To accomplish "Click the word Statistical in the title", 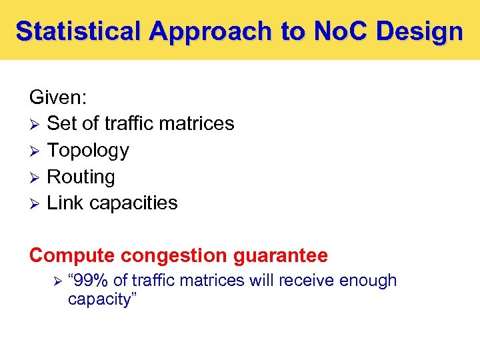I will click(79, 31).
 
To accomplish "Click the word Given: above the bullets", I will click(58, 97).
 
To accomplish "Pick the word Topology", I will click(88, 151).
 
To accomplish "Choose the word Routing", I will click(81, 177).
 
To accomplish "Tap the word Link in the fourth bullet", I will click(64, 203).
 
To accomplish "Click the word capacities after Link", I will click(132, 203).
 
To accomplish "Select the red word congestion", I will click(165, 255).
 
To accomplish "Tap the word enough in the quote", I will click(368, 281).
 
